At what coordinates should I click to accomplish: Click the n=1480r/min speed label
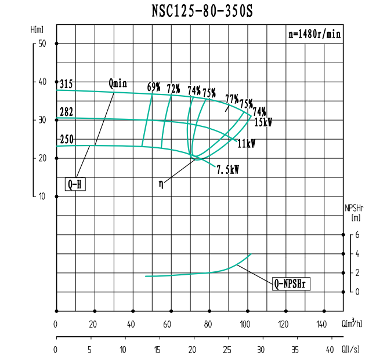tap(314, 34)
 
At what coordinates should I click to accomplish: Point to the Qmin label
tap(117, 82)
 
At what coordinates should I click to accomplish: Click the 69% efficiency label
tap(154, 87)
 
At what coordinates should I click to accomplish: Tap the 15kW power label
tap(263, 122)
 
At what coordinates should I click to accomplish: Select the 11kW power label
tap(247, 143)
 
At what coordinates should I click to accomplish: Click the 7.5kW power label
tap(228, 170)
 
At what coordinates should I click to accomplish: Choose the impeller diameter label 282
tap(66, 112)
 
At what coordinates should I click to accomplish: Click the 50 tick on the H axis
tap(42, 43)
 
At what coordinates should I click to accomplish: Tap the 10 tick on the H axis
tap(42, 196)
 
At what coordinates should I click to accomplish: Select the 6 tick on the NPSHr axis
tap(357, 235)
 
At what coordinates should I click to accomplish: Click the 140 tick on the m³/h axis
tap(321, 324)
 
